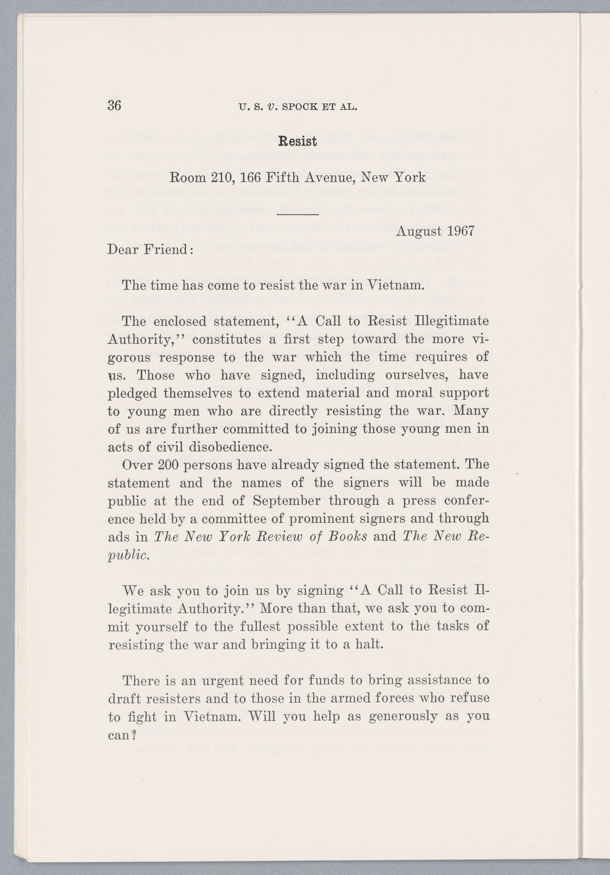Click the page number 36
point(115,106)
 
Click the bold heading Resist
point(297,142)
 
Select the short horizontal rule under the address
point(298,214)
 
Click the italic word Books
point(345,537)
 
